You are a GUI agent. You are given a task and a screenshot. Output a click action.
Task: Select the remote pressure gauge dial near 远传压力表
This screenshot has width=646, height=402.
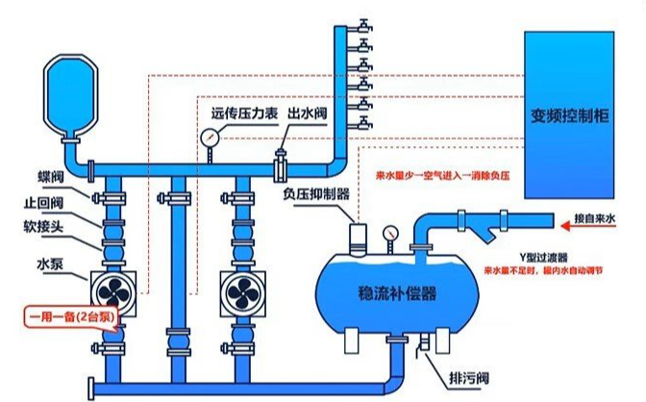pyautogui.click(x=211, y=137)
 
